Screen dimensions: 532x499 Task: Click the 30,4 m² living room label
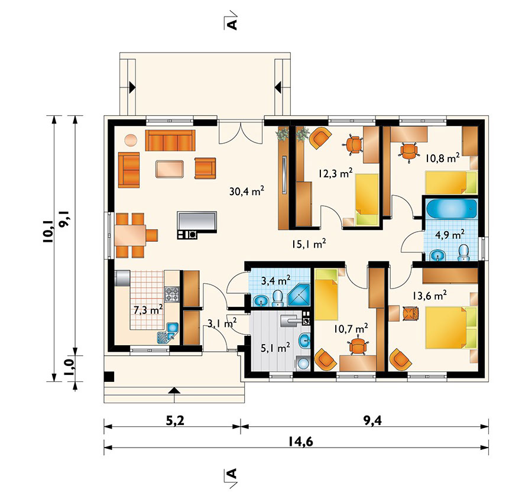tap(246, 191)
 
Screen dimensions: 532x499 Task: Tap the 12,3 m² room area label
tap(335, 173)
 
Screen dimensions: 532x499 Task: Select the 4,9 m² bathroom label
tap(450, 234)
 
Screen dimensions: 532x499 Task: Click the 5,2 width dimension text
tap(175, 420)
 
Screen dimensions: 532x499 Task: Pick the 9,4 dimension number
tap(372, 420)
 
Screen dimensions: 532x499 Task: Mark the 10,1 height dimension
tap(48, 231)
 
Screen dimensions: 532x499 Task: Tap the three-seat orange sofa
tap(170, 140)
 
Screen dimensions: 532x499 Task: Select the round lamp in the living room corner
tap(131, 140)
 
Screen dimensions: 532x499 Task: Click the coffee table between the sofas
tap(170, 169)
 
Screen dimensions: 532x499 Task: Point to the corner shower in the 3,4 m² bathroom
tap(299, 295)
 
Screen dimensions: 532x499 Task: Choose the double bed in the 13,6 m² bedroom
tap(451, 327)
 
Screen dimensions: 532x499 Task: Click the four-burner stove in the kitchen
tap(171, 294)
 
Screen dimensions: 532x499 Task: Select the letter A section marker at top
tap(232, 24)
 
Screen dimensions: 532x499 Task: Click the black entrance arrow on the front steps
tap(174, 390)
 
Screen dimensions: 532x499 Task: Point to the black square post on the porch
tap(109, 377)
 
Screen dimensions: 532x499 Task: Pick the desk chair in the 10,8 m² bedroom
tap(409, 151)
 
